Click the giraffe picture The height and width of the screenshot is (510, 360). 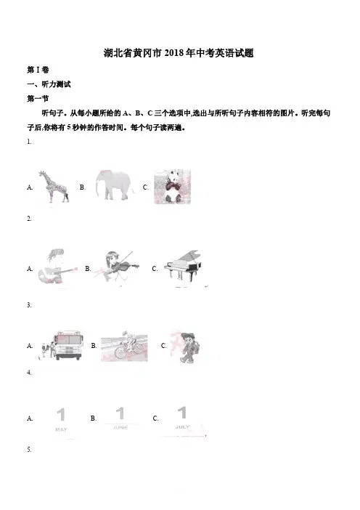point(54,187)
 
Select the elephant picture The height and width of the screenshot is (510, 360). point(115,185)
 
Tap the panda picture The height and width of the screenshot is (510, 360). point(172,187)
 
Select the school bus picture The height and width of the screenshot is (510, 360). point(62,345)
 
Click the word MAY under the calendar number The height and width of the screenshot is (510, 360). point(61,429)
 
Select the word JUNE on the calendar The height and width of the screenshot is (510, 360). point(120,427)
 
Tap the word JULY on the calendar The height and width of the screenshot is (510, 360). point(182,426)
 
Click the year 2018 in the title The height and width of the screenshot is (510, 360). point(174,53)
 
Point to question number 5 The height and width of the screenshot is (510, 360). point(29,450)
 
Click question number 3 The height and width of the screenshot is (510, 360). point(29,305)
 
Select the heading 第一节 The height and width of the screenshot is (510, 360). point(38,99)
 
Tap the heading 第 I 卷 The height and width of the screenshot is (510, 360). point(38,70)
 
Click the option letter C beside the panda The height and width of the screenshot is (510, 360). point(146,187)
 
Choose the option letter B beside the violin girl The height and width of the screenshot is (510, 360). point(88,269)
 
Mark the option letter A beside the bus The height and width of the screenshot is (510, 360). point(30,346)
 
